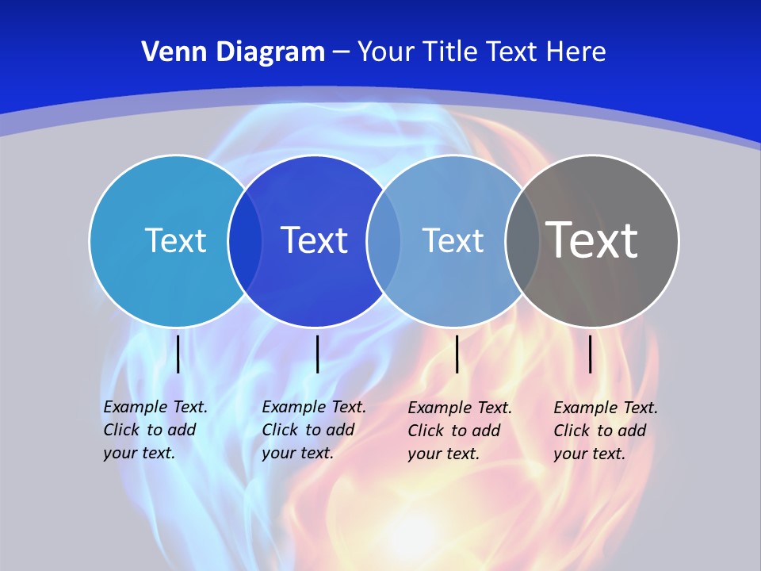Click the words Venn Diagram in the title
[x=233, y=52]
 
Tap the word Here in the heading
[x=576, y=52]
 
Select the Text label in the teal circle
[x=175, y=240]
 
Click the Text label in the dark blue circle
[x=315, y=240]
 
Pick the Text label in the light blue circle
[x=453, y=240]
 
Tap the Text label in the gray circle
[x=592, y=240]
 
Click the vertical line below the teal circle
[x=178, y=354]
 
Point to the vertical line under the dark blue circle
[x=317, y=354]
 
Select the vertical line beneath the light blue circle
[x=457, y=354]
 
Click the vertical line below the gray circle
[x=590, y=354]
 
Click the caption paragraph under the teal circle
[x=155, y=430]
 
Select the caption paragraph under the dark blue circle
[x=314, y=430]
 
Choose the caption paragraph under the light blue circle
[x=460, y=431]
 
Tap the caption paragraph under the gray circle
[x=606, y=431]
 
